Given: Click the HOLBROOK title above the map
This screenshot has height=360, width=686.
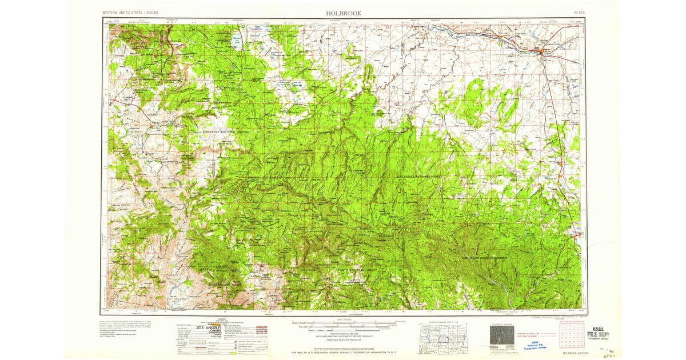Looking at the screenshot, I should [x=343, y=13].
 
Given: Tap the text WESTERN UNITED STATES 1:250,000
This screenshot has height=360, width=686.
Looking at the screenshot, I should [x=130, y=13].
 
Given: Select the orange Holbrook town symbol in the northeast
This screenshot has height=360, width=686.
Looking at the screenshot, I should [x=542, y=53].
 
